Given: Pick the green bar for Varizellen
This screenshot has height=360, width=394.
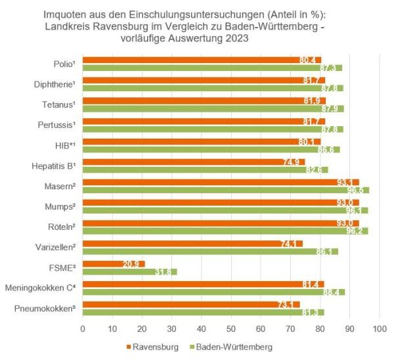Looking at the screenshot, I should (197, 252).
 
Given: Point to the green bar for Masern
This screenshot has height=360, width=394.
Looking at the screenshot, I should (210, 191).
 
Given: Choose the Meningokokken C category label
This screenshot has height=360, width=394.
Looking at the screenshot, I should (42, 288).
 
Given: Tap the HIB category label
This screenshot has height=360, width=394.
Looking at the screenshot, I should (64, 145).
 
